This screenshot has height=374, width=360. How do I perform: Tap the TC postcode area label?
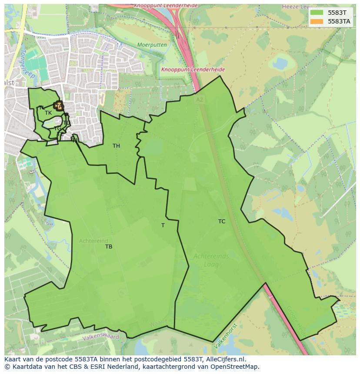pos(222,222)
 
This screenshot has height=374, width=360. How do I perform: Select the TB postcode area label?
pos(109,247)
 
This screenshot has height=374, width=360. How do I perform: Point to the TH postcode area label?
pos(116,146)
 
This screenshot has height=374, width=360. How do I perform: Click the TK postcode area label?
pos(48,113)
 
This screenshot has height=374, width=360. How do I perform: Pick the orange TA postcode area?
pos(58,106)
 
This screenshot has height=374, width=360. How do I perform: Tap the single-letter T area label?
pos(163,225)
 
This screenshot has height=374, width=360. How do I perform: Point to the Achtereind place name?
pos(93,241)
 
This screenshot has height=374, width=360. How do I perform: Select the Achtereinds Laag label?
pos(211,260)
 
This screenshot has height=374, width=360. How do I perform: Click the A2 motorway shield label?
pos(200,99)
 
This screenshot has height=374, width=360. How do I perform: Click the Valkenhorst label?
pos(226,336)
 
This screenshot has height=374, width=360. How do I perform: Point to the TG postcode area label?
pos(57,129)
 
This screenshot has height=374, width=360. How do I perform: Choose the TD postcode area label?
pos(66,123)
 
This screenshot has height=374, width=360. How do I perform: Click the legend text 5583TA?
pos(339,21)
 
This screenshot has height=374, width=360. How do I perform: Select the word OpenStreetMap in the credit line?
pos(233,367)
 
